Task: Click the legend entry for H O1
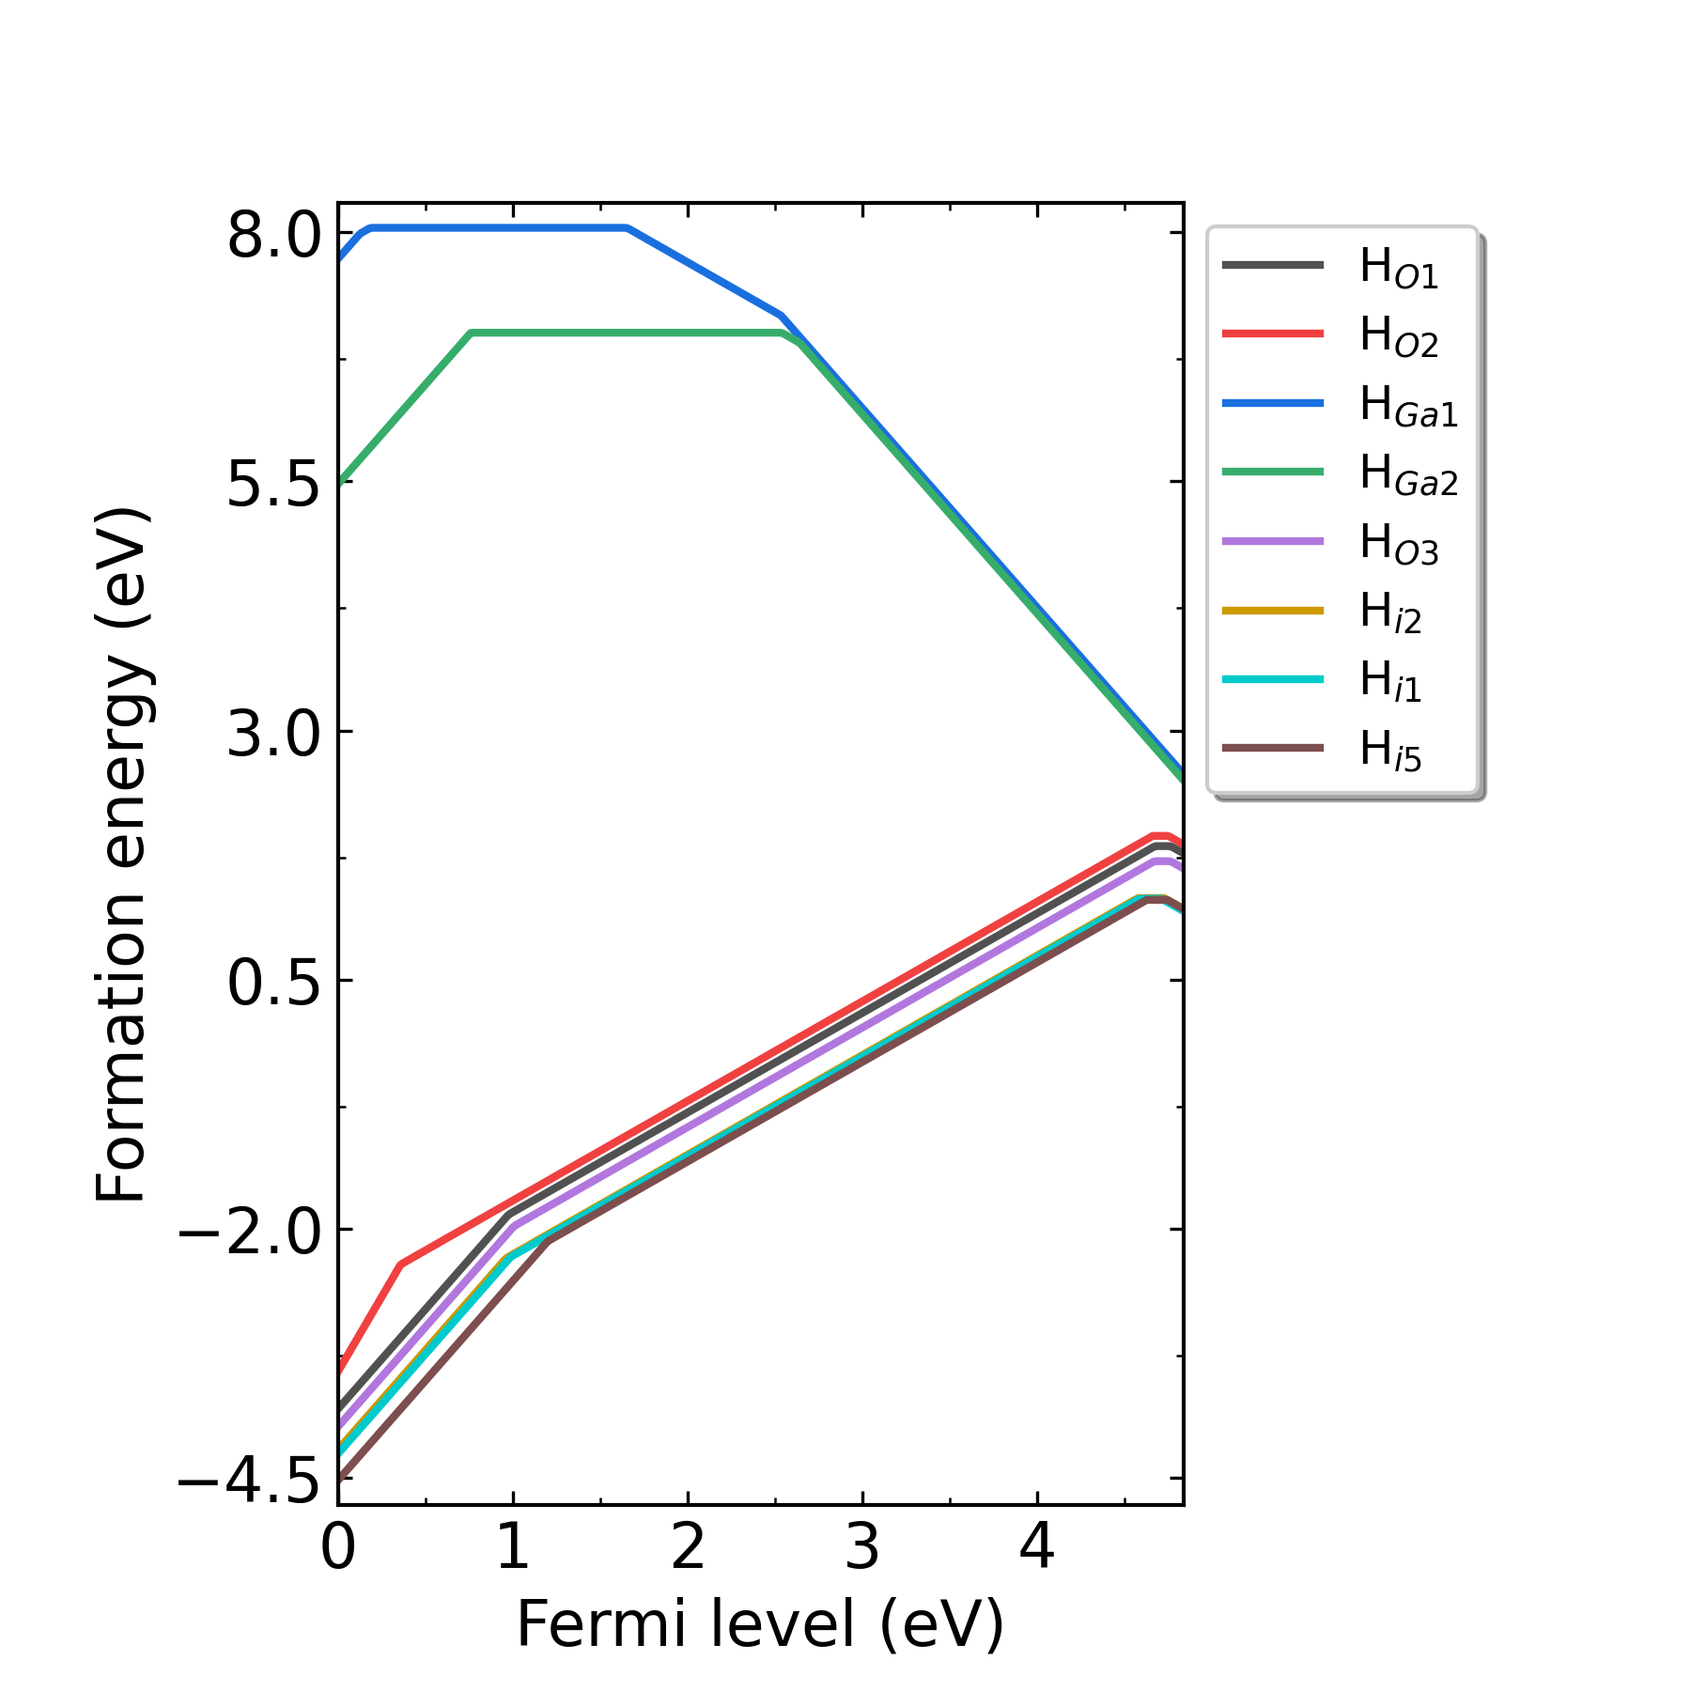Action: click(x=1397, y=267)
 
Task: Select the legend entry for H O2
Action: click(x=1397, y=335)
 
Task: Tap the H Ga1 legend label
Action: click(x=1406, y=405)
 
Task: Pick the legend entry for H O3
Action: click(x=1397, y=543)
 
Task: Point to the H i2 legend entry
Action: click(x=1389, y=612)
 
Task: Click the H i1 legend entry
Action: click(x=1389, y=680)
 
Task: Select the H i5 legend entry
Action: click(x=1389, y=750)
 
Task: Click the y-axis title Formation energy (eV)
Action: click(x=122, y=855)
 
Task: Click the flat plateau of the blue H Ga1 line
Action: click(x=498, y=227)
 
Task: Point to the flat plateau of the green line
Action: click(x=625, y=333)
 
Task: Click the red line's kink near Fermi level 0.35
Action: click(x=401, y=1264)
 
